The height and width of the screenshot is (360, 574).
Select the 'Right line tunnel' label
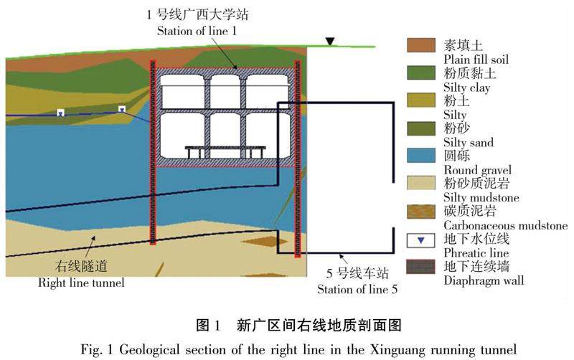pyautogui.click(x=81, y=282)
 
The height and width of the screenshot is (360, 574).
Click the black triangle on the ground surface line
pyautogui.click(x=329, y=42)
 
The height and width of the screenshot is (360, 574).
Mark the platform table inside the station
pyautogui.click(x=225, y=151)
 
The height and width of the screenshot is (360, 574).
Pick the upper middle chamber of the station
pyautogui.click(x=225, y=91)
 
